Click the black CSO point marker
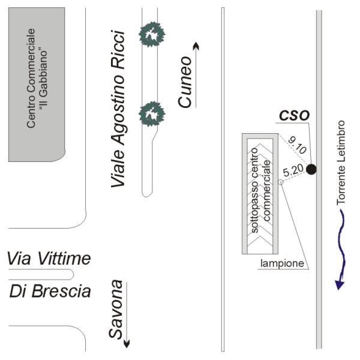point(311,169)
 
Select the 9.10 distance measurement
point(296,146)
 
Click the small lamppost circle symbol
point(280,182)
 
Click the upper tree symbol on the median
point(151,34)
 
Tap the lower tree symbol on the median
point(151,113)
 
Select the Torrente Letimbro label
point(341,163)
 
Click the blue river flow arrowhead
point(339,283)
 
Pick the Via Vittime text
point(49,259)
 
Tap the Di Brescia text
point(50,292)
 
